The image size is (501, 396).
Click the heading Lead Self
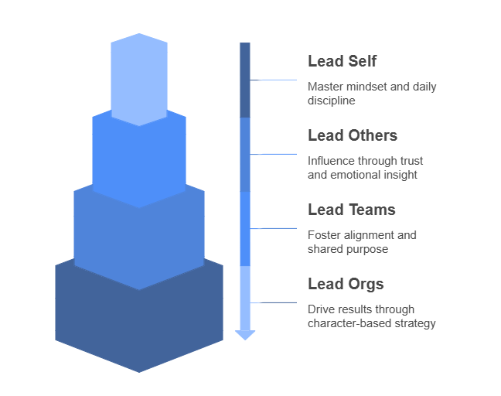343,61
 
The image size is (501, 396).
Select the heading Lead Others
353,135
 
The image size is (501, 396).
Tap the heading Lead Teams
352,210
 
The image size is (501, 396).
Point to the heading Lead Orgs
346,284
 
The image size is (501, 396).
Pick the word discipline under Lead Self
332,101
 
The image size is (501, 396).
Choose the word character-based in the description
349,323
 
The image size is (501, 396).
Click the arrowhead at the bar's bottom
245,335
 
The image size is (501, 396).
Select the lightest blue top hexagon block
139,80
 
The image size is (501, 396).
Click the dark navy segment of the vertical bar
245,80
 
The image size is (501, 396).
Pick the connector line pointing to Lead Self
273,80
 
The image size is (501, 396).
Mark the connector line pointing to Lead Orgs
273,302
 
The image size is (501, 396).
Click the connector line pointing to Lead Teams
273,228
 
